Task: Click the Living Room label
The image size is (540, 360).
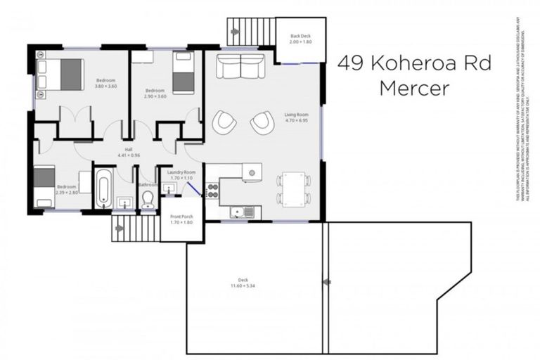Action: [297, 117]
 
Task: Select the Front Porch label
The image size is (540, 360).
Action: [181, 219]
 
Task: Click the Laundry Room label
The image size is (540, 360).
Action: [181, 174]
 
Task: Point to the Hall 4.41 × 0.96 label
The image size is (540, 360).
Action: [129, 151]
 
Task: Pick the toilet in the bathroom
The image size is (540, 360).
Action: [148, 200]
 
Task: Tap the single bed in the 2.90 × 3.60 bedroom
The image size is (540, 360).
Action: [183, 73]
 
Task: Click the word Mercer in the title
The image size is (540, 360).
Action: [414, 89]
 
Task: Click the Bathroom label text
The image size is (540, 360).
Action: [148, 185]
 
